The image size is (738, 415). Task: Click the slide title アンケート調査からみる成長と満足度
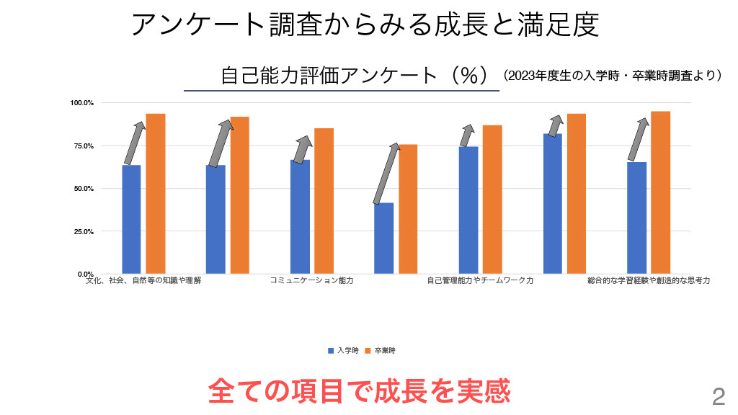[365, 25]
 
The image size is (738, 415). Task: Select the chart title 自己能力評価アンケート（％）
[359, 76]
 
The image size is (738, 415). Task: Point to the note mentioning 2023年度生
[612, 75]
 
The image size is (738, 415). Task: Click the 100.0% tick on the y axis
[82, 103]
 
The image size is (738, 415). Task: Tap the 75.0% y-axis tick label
[82, 146]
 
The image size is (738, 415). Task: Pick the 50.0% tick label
[82, 189]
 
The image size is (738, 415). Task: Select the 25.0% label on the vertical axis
[82, 231]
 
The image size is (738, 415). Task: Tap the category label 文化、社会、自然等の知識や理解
[143, 281]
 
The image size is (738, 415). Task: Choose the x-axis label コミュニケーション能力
[311, 281]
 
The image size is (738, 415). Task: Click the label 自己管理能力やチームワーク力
[480, 281]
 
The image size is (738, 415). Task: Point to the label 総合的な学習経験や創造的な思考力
[649, 281]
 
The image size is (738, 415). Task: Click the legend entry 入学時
[343, 350]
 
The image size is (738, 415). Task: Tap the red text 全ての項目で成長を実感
[359, 391]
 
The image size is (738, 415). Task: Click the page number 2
[718, 396]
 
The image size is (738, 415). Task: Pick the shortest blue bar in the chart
[384, 238]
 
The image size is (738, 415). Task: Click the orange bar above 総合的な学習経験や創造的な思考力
[660, 192]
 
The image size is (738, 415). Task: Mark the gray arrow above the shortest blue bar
[386, 173]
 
